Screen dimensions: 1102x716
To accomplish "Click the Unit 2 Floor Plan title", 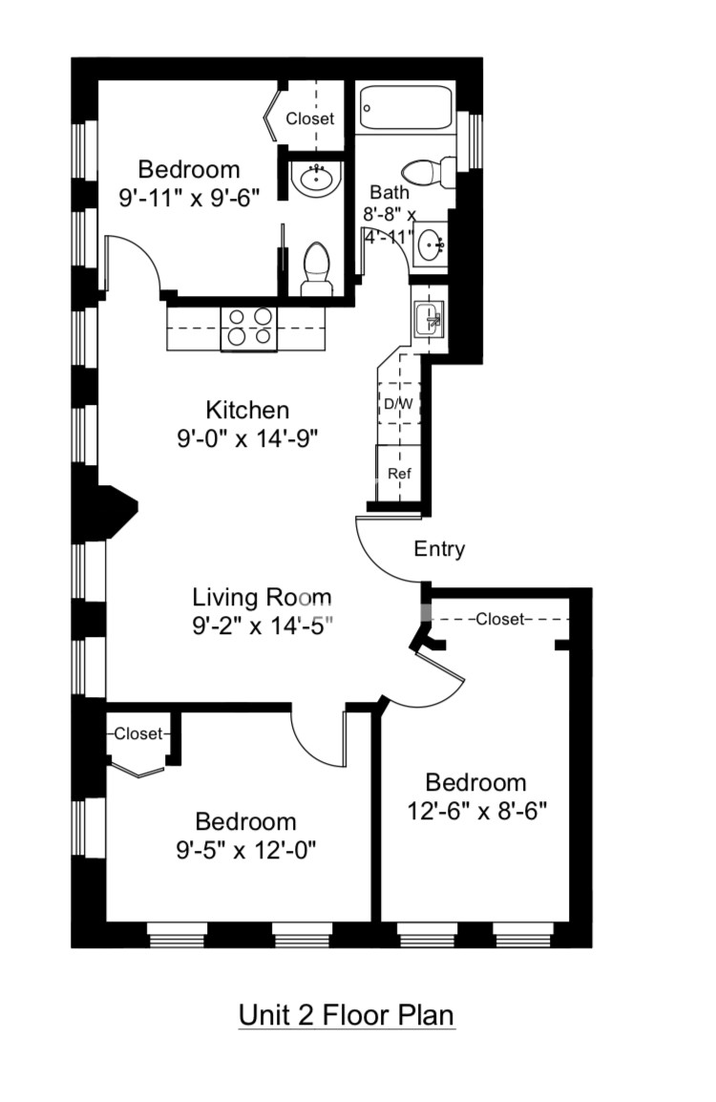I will tap(347, 1014).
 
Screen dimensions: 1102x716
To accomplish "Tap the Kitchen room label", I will tap(247, 411).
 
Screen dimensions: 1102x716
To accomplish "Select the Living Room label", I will tap(262, 598).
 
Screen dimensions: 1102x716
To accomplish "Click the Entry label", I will tap(439, 549).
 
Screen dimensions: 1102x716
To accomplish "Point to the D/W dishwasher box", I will tap(398, 403).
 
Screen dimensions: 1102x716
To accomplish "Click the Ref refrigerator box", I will tap(397, 473).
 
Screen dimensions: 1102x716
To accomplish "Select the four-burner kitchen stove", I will tap(247, 328).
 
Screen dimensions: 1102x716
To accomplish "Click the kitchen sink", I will tap(429, 317).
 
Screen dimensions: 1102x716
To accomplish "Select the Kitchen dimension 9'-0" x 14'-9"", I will tap(247, 438).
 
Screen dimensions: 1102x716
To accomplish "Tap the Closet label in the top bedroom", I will tap(310, 119).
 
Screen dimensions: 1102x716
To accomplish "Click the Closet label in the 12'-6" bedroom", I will tap(500, 619).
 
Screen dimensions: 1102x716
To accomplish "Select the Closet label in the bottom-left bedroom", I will tap(138, 734).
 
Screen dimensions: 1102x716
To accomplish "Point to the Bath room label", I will tap(390, 192).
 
